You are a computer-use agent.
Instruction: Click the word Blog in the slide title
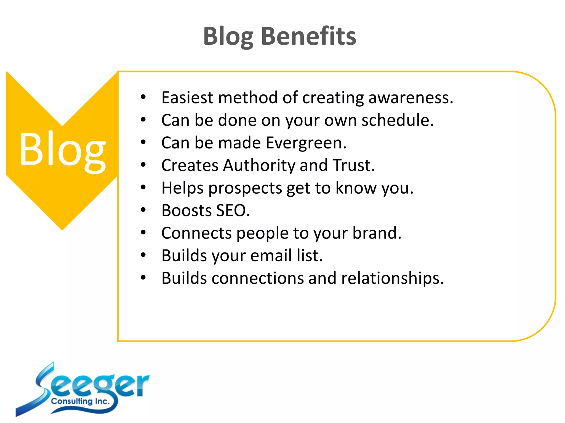228,37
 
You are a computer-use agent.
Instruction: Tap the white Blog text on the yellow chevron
62,150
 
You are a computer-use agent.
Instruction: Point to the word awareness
411,97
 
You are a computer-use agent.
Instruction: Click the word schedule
398,120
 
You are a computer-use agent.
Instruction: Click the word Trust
353,165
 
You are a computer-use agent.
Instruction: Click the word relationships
392,278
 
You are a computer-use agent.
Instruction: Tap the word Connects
196,233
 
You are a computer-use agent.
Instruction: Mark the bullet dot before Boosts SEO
143,210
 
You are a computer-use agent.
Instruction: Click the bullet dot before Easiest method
143,97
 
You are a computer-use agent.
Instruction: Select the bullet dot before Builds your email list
143,255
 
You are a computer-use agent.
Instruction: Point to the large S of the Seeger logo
41,386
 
